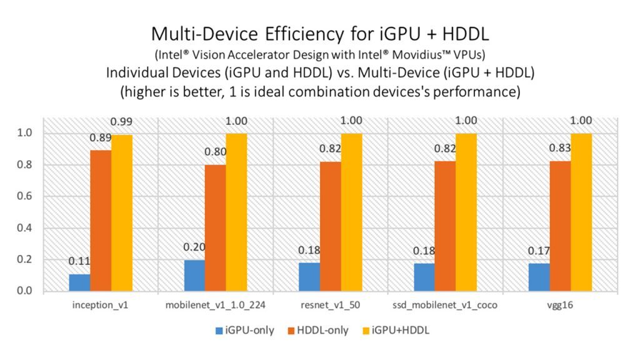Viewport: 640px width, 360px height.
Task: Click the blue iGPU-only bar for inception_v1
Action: pos(79,283)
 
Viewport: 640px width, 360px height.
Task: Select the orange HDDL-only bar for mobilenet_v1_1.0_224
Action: pos(216,228)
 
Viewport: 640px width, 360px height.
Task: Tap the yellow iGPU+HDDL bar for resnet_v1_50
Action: pos(352,212)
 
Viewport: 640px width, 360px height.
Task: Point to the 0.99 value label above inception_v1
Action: pos(122,121)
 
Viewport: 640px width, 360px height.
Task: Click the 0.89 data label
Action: pos(101,138)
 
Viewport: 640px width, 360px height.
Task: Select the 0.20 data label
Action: pos(194,247)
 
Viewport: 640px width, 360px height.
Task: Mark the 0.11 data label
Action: pos(79,262)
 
